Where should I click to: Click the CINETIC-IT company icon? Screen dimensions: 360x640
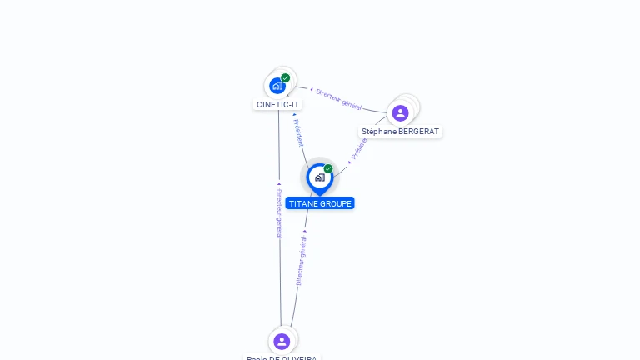277,86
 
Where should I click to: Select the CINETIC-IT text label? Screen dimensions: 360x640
277,105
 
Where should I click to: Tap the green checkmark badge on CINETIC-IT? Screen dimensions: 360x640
286,77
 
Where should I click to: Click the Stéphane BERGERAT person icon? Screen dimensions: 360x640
400,113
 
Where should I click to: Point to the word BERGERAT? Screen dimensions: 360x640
417,132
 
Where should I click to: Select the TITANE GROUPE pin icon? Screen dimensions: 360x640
320,177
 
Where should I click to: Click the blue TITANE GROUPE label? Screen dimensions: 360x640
320,203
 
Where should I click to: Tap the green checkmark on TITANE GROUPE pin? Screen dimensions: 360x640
328,168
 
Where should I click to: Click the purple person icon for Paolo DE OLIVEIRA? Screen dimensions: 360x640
282,341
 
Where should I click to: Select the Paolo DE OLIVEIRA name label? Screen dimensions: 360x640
282,357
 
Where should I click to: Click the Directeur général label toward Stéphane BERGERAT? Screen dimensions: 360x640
339,98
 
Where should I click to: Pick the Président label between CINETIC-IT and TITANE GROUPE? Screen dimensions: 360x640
298,132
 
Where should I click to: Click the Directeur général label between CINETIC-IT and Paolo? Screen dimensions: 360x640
279,213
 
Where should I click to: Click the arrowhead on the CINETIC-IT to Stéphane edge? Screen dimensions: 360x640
311,89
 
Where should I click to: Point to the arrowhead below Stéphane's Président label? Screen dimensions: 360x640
349,162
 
